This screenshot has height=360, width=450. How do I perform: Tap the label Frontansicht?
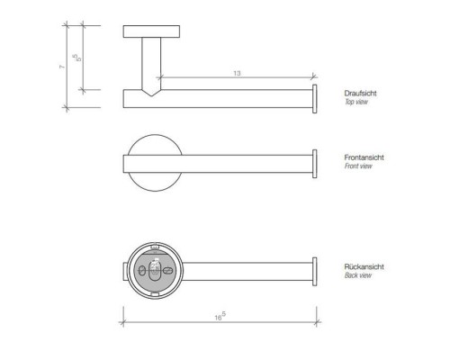pos(364,158)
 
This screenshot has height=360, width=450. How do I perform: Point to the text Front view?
pos(357,167)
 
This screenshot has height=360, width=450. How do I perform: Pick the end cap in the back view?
pos(315,272)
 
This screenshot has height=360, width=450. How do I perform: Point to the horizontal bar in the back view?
pos(243,272)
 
